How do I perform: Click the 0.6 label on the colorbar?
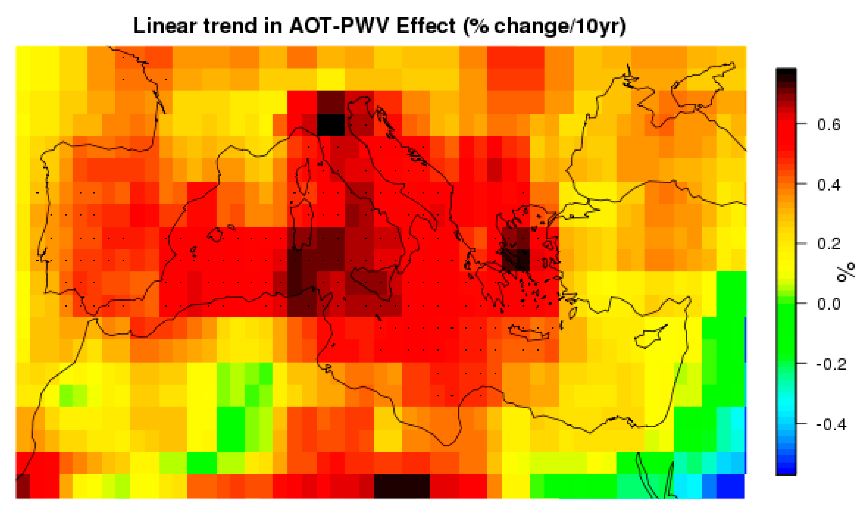(829, 124)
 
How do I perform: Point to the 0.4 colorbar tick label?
(829, 184)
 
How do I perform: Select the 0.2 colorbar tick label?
(829, 244)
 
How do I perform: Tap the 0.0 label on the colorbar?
(829, 304)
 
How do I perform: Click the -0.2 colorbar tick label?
(830, 364)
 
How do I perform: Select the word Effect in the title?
(426, 26)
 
